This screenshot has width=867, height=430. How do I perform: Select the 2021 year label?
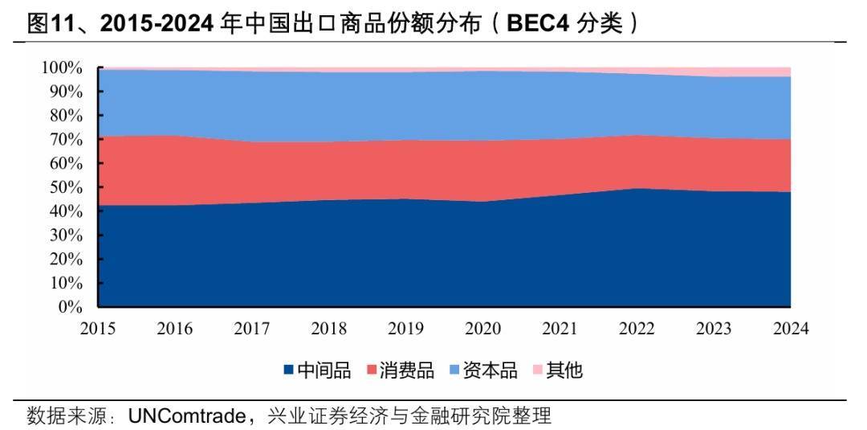[560, 329]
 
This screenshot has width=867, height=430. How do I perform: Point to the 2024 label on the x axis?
[791, 329]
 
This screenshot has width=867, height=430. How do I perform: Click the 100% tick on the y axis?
[63, 68]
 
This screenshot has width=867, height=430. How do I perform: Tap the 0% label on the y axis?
[71, 307]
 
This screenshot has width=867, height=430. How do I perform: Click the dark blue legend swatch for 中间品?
[288, 371]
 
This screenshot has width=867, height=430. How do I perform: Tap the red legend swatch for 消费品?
[372, 371]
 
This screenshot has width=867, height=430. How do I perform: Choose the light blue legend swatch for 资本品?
[454, 371]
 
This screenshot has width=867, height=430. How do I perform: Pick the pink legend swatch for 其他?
[537, 371]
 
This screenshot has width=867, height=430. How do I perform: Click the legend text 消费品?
[407, 371]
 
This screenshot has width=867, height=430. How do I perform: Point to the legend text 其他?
[564, 371]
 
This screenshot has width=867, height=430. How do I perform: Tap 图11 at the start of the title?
[45, 25]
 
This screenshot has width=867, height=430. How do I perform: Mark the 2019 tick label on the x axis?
[405, 329]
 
